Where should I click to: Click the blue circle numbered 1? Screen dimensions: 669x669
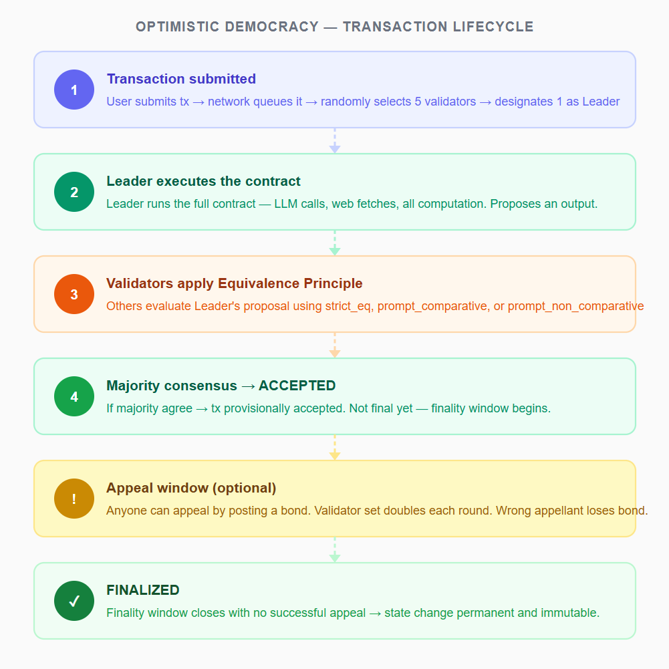pos(74,90)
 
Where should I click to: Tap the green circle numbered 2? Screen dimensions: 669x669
pos(74,192)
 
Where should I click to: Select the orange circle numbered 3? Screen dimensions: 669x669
pos(74,294)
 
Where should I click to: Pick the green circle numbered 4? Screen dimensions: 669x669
pos(74,396)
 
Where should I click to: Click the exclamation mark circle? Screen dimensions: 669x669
pos(74,499)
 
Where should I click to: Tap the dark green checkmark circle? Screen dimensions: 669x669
pos(74,601)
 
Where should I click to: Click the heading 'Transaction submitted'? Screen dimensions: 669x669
pos(181,79)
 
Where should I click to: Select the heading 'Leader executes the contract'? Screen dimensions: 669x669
pos(204,181)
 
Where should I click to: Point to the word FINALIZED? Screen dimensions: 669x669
pos(143,590)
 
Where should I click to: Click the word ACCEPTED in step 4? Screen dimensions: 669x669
pos(297,386)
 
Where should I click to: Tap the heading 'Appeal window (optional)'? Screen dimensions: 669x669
pos(191,488)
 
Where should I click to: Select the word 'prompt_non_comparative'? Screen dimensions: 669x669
pos(575,306)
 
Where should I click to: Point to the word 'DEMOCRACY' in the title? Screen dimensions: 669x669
pos(272,27)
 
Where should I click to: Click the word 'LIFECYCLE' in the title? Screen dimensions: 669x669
pos(493,27)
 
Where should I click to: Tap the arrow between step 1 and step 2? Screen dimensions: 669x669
pos(335,141)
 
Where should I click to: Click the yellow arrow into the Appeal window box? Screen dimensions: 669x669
pos(335,448)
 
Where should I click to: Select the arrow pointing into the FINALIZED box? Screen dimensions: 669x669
pos(335,549)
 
